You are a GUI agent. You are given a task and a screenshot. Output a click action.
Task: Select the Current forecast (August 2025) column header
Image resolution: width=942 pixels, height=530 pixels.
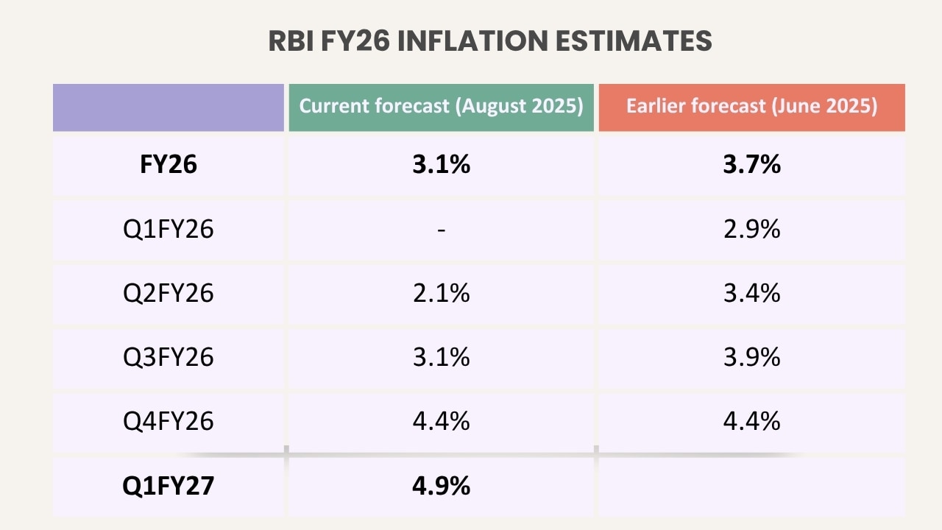click(441, 106)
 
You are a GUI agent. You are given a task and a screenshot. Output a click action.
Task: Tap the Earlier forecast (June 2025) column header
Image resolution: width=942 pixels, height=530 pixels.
click(751, 106)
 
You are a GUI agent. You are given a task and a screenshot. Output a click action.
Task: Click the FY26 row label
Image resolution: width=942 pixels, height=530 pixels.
click(169, 164)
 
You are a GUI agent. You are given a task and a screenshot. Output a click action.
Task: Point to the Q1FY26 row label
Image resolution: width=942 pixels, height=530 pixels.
click(169, 229)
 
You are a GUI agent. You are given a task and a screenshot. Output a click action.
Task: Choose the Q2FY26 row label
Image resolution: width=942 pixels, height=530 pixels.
click(169, 293)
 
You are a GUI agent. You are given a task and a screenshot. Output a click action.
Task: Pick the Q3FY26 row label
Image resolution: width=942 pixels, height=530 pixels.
click(169, 357)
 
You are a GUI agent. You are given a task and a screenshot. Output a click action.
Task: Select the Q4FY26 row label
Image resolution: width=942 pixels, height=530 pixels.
click(169, 421)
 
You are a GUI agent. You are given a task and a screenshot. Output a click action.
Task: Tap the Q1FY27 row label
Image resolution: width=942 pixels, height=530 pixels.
click(169, 486)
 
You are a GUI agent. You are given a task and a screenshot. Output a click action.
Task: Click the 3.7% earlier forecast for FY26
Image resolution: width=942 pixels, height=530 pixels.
click(751, 164)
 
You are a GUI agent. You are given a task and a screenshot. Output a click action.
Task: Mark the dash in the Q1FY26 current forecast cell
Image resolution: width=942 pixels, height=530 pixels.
click(441, 230)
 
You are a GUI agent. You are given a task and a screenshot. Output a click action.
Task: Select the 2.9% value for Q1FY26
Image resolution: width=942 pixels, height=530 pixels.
click(751, 229)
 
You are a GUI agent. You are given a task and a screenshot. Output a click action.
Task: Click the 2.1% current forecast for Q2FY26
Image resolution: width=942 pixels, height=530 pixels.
click(441, 293)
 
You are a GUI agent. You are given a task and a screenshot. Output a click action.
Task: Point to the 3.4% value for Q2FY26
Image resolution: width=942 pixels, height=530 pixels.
click(751, 293)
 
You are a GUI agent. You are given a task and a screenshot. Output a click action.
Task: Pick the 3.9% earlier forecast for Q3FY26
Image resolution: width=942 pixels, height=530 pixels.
click(751, 357)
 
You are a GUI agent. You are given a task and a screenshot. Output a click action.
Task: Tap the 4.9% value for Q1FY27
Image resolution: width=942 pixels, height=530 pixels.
click(441, 486)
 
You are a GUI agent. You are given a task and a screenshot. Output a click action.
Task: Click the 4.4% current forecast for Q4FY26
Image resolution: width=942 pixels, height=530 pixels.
click(441, 421)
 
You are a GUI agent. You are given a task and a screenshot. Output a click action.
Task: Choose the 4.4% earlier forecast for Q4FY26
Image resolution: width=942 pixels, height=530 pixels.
click(751, 421)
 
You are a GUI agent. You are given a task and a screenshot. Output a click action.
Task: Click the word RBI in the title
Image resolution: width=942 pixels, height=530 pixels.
click(291, 41)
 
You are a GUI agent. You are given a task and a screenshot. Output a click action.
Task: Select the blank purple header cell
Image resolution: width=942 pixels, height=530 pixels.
click(169, 107)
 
